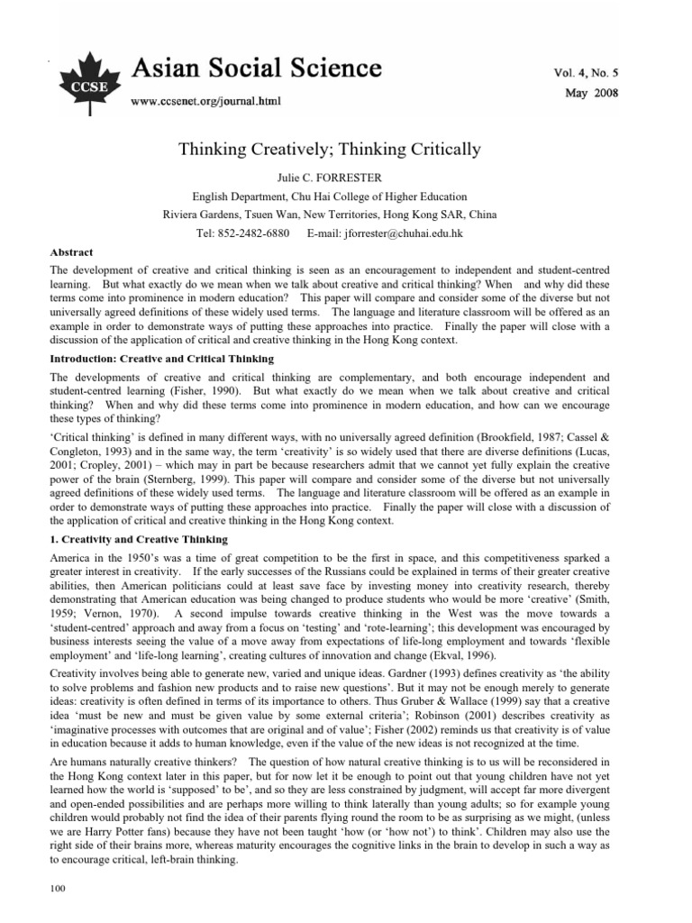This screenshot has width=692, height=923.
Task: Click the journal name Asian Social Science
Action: coord(257,69)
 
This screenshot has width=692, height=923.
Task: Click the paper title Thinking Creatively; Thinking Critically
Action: coord(344,149)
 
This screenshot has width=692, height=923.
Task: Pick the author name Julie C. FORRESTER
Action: coord(344,177)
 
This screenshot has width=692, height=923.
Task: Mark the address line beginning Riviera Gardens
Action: coord(344,215)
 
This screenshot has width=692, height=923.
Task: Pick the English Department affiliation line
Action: coord(344,196)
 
